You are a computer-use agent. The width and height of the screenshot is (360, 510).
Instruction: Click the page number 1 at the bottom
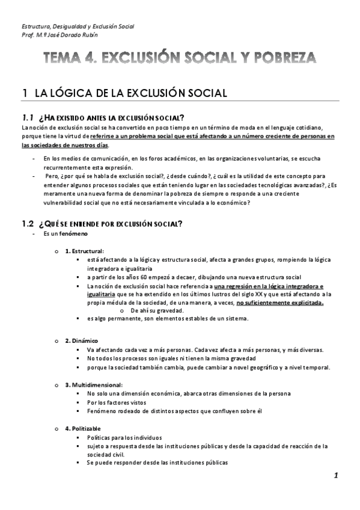[337, 475]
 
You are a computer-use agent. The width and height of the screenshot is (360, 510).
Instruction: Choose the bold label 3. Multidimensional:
[93, 384]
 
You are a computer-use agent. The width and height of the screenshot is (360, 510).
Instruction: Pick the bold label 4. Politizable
[85, 428]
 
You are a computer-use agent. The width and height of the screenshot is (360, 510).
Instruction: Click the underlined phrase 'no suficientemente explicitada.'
[280, 303]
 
